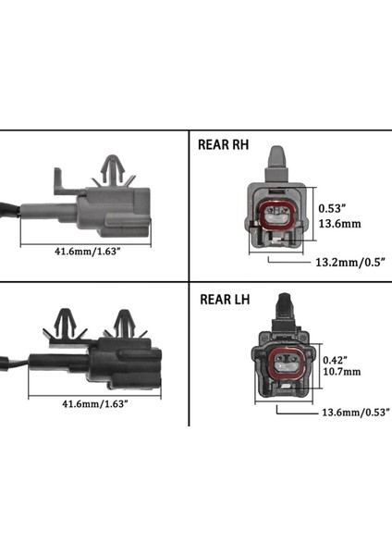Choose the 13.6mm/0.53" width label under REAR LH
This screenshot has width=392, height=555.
pyautogui.click(x=355, y=412)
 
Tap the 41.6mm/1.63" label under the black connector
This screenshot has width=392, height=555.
pyautogui.click(x=94, y=404)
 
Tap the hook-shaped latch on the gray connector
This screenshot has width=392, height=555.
pyautogui.click(x=58, y=179)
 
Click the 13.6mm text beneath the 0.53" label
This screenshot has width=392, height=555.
pyautogui.click(x=337, y=223)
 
